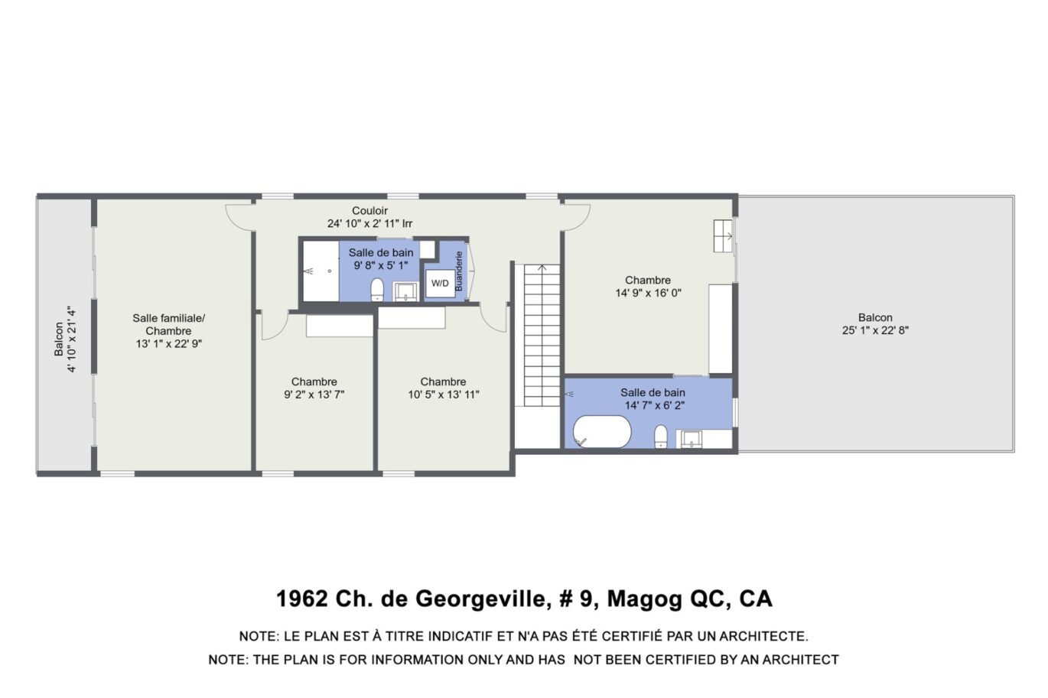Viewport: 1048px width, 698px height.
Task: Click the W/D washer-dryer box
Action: point(440,283)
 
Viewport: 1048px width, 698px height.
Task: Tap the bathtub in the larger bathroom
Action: point(602,431)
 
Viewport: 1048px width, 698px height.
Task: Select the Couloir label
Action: point(369,211)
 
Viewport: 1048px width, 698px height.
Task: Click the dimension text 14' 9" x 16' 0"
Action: point(648,293)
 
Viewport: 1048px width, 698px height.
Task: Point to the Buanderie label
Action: point(459,271)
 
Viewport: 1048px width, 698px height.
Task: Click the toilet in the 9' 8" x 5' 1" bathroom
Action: point(377,291)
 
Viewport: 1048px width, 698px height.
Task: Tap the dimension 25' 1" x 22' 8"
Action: point(875,330)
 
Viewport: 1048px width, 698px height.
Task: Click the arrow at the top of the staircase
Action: point(542,268)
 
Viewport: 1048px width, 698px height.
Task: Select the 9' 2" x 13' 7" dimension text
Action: point(314,394)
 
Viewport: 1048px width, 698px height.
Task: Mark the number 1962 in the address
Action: point(301,599)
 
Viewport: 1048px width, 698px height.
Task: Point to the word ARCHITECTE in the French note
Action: point(763,636)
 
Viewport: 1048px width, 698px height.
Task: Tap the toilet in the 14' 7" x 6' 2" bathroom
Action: point(661,437)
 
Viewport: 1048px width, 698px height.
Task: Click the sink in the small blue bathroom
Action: point(405,292)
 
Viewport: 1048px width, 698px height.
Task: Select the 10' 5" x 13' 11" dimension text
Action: point(444,394)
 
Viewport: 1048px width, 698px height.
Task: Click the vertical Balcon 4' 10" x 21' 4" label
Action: point(65,339)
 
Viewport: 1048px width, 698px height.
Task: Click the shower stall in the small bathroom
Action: point(321,271)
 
